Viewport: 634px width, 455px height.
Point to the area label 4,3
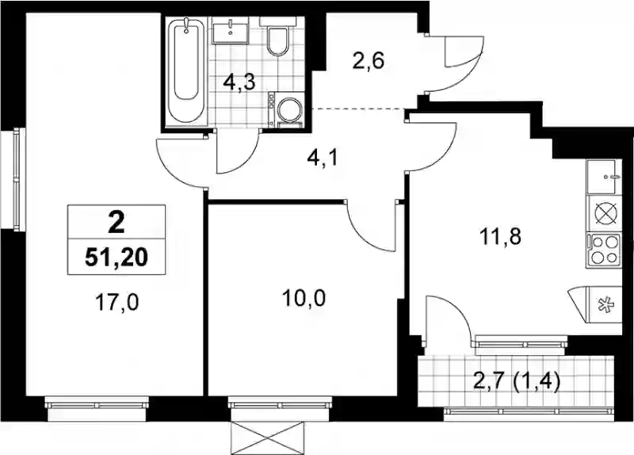tap(239, 83)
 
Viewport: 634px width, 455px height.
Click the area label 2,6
tap(368, 63)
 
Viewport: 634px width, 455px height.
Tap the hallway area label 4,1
tap(323, 158)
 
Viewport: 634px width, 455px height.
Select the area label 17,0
tap(117, 303)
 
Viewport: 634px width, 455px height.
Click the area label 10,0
tap(304, 299)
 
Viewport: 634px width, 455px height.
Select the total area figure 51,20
tap(116, 258)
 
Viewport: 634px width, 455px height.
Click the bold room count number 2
tap(116, 223)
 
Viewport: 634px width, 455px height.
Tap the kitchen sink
tap(603, 177)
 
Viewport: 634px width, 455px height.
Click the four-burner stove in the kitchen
tap(603, 250)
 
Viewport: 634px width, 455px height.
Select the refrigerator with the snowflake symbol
tap(596, 304)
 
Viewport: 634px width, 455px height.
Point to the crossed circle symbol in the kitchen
tap(604, 213)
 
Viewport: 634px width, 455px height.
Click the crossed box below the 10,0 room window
tap(267, 438)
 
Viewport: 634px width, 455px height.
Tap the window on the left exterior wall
tap(16, 180)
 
